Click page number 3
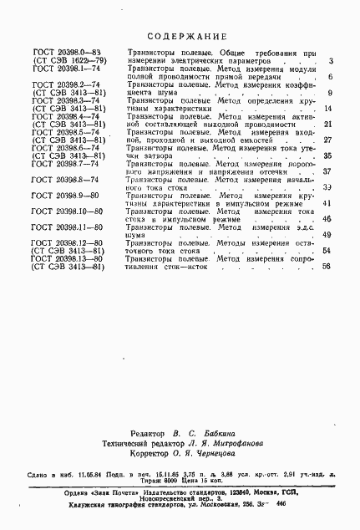click(331, 61)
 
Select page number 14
click(327, 109)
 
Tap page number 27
click(327, 140)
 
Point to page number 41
click(327, 203)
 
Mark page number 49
click(327, 235)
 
